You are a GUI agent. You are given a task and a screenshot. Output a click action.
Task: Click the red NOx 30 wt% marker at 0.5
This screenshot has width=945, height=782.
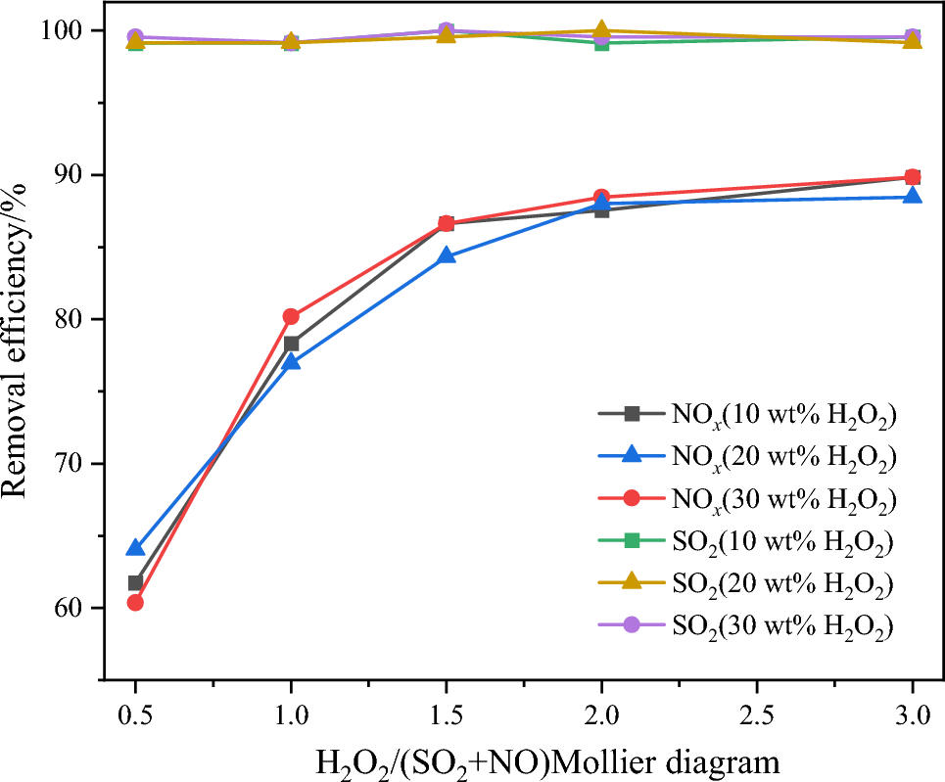click(x=135, y=602)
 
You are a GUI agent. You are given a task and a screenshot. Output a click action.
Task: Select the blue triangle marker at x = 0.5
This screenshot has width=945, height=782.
click(x=135, y=548)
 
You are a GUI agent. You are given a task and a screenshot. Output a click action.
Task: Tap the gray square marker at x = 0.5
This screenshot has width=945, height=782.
click(x=135, y=582)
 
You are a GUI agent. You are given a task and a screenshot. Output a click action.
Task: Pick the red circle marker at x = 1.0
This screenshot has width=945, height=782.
click(x=291, y=316)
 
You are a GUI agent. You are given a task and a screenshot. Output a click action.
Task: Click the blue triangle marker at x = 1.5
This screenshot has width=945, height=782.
click(x=446, y=256)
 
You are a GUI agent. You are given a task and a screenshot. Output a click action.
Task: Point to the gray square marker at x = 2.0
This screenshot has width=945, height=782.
click(x=601, y=209)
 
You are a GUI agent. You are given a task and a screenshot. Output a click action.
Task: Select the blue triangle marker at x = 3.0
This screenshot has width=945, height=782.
click(x=912, y=197)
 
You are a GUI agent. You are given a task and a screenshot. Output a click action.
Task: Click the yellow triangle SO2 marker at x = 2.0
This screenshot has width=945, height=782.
click(x=601, y=31)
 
